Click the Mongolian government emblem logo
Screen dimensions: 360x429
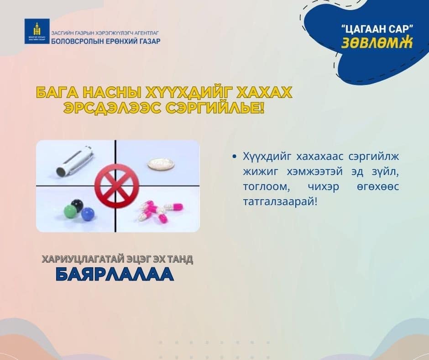point(37,31)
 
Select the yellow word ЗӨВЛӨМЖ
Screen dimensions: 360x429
point(377,42)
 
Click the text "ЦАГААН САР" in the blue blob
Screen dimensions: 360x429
point(377,30)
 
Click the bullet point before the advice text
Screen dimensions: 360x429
point(235,157)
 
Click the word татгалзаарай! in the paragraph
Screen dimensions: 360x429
point(280,202)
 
